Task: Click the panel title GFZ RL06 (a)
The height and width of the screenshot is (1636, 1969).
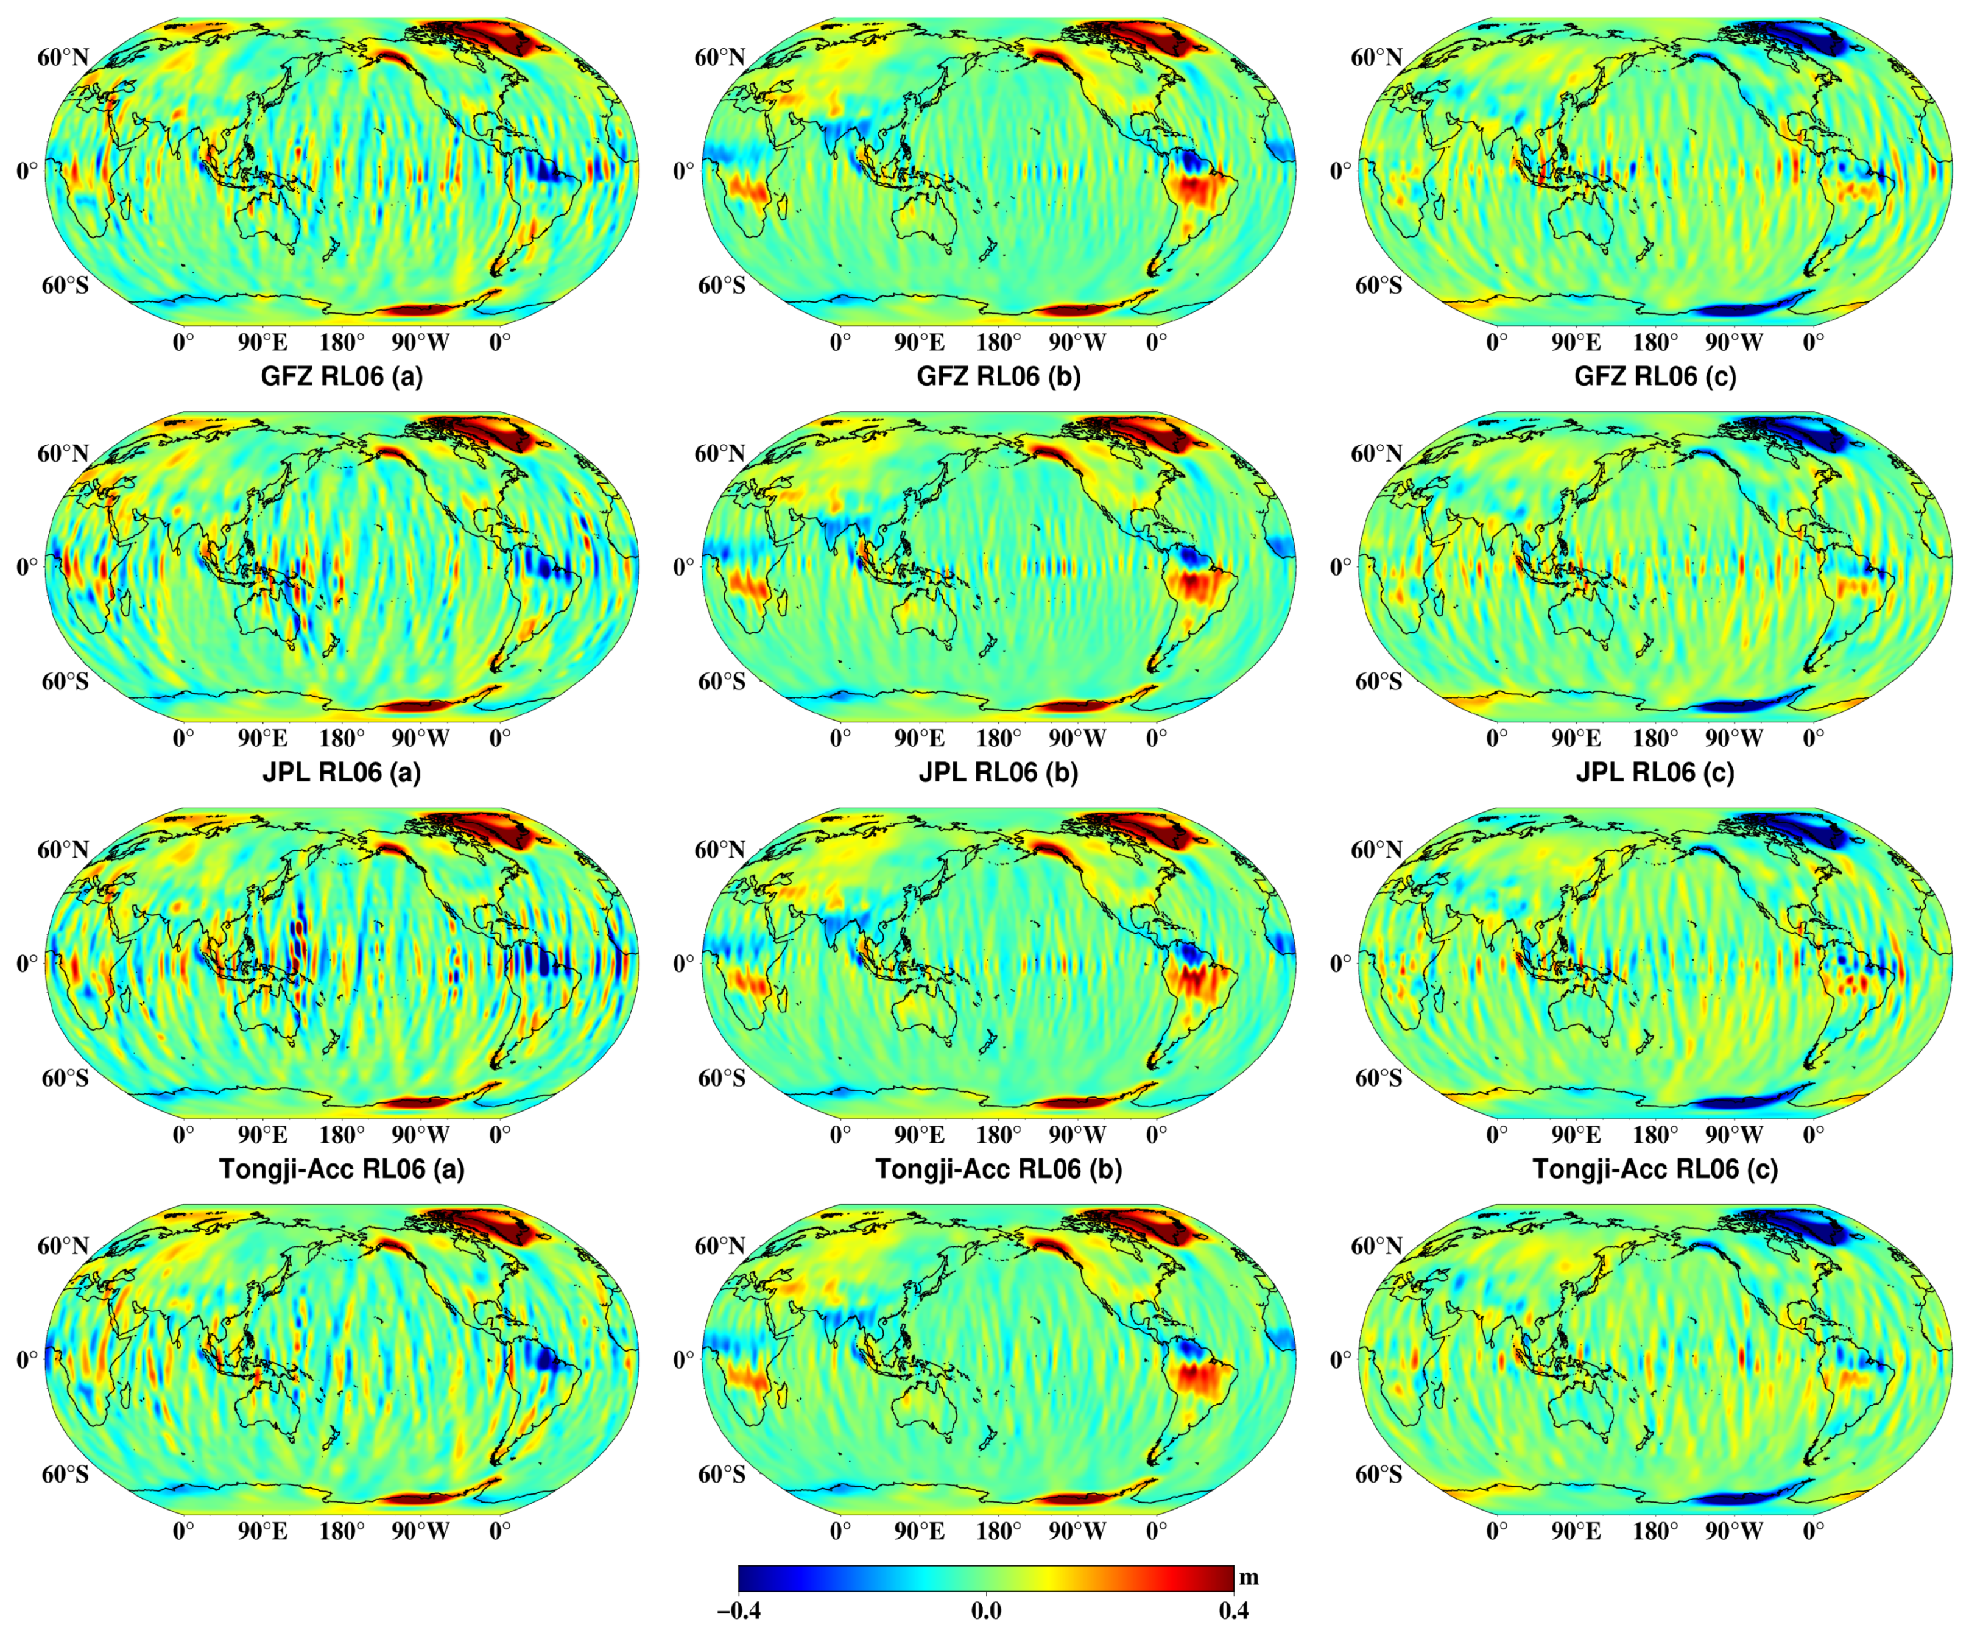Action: click(341, 376)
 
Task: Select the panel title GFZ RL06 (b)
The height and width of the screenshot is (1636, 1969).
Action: click(999, 376)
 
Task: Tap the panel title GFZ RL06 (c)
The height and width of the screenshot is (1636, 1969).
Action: click(1655, 376)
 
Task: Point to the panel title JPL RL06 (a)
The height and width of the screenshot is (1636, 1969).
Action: click(341, 772)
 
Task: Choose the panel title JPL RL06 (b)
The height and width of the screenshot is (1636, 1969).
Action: click(999, 772)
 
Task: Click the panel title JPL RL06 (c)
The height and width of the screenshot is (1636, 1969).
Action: click(1655, 772)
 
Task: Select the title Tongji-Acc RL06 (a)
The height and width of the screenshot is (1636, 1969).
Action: click(341, 1169)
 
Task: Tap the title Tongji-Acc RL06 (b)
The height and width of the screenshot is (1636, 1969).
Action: click(999, 1169)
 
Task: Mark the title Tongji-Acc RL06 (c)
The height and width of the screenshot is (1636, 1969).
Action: click(1655, 1169)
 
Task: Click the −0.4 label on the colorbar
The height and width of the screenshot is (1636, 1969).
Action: click(739, 1610)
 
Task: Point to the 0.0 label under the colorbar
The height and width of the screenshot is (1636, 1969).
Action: click(985, 1610)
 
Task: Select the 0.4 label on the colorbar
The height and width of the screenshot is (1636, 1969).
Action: click(1233, 1610)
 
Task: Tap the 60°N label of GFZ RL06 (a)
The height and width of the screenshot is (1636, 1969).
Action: click(63, 58)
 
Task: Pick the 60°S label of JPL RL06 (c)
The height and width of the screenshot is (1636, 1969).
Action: click(1378, 682)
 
